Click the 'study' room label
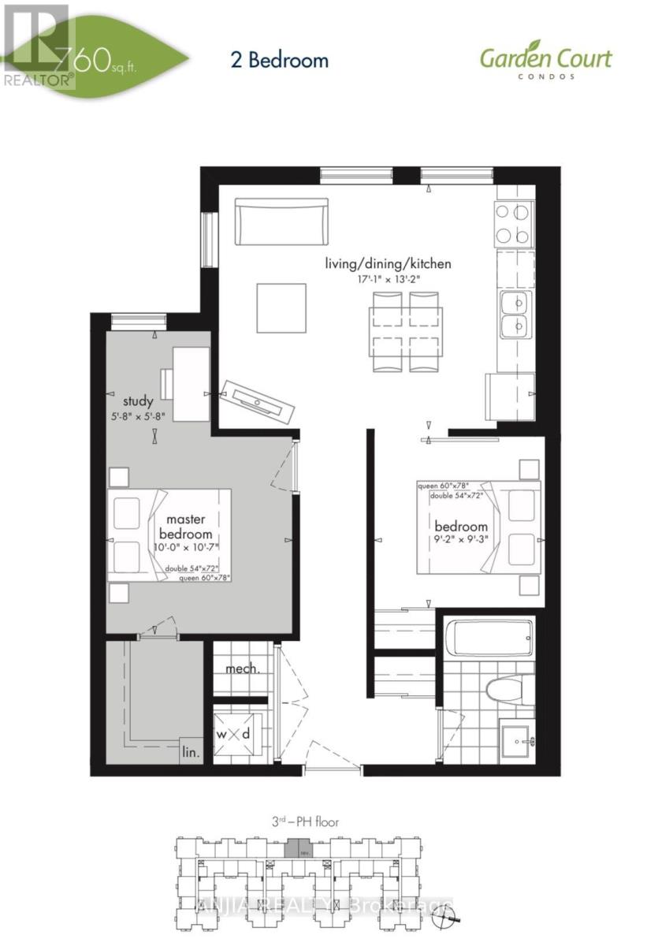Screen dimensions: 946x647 [x=137, y=401]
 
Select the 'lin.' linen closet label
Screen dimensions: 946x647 [x=191, y=752]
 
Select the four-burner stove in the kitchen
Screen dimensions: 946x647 [x=515, y=223]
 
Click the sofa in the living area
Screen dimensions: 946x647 [x=281, y=222]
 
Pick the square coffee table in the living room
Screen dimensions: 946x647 [x=281, y=307]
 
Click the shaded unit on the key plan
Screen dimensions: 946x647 [x=297, y=849]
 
